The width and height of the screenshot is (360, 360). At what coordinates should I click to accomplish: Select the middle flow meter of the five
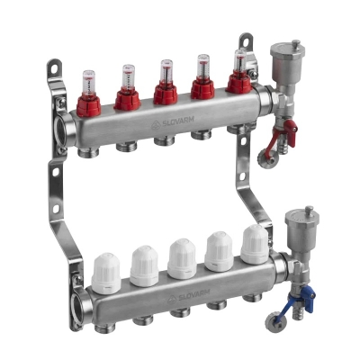pyautogui.click(x=164, y=84)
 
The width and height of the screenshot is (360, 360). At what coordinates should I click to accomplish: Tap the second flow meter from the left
pyautogui.click(x=127, y=85)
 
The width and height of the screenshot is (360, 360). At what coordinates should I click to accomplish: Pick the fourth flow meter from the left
pyautogui.click(x=202, y=81)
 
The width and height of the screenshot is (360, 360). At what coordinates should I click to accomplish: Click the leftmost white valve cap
pyautogui.click(x=107, y=266)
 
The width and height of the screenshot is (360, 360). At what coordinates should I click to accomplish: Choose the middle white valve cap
pyautogui.click(x=182, y=256)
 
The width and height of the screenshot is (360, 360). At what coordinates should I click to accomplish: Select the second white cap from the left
pyautogui.click(x=144, y=261)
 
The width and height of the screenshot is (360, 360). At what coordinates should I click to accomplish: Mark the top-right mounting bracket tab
pyautogui.click(x=245, y=42)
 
